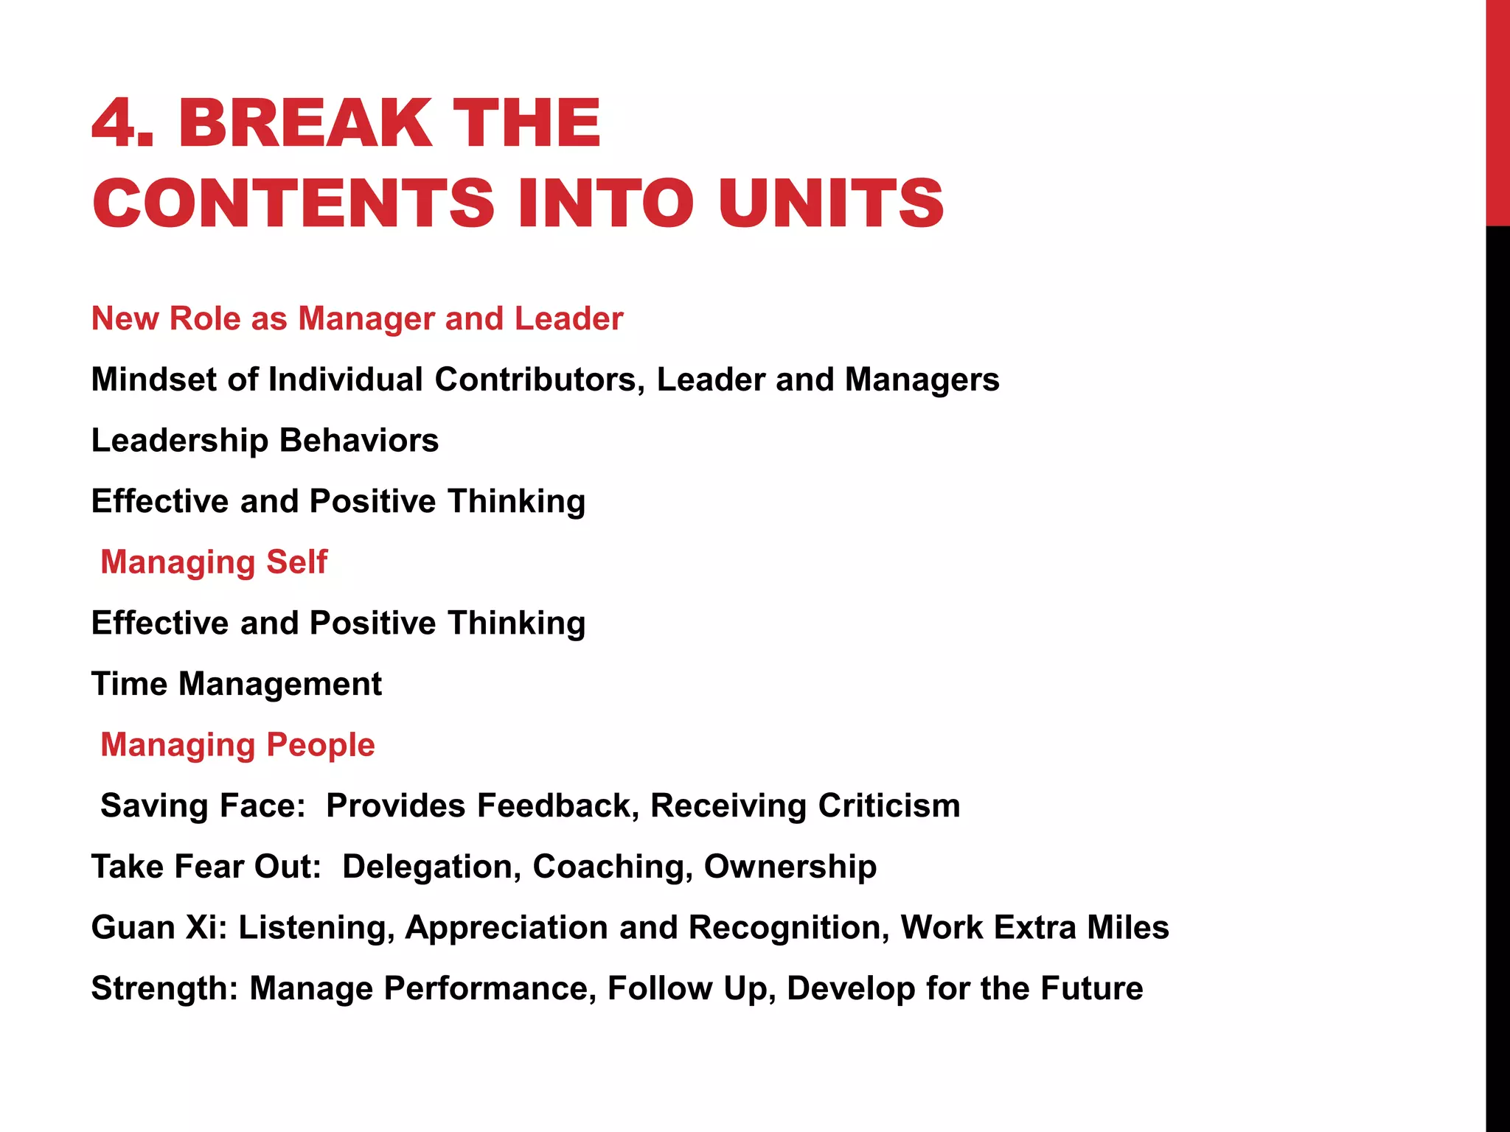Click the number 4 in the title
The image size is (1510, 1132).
point(116,123)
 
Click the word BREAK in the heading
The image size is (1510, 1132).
point(305,123)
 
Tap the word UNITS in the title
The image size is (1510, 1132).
point(831,203)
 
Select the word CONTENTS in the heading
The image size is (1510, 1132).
point(293,203)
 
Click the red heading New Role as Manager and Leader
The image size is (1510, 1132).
point(357,319)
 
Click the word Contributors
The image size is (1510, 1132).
point(535,380)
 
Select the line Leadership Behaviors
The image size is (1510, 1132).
point(265,441)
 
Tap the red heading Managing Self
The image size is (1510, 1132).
point(214,562)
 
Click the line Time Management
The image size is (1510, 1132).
point(237,684)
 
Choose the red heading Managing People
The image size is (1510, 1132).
point(237,745)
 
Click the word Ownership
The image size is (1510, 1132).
point(790,867)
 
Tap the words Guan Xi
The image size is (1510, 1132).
point(159,928)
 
